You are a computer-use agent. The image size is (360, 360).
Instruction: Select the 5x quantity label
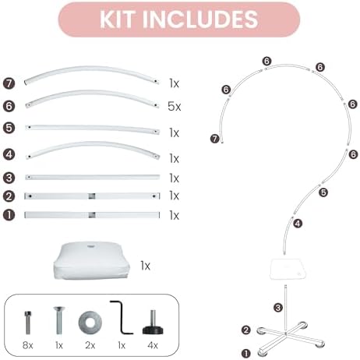[174, 106]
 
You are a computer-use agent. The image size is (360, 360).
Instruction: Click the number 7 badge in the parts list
[9, 83]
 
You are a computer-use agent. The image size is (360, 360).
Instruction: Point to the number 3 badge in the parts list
[9, 178]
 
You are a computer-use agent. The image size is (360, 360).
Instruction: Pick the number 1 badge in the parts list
[9, 215]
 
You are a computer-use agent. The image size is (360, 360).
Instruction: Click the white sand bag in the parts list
[92, 260]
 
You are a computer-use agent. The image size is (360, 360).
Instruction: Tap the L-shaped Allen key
[121, 317]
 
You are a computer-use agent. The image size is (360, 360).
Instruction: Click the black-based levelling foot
[153, 323]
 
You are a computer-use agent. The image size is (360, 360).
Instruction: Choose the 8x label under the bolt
[28, 345]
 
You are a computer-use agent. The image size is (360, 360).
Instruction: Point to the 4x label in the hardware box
[153, 345]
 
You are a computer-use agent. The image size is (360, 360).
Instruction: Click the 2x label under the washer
[90, 345]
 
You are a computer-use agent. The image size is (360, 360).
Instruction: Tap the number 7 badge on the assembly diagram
[215, 139]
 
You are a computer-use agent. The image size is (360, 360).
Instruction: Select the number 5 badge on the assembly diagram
[323, 192]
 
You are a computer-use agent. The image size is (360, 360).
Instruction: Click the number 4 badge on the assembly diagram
[298, 224]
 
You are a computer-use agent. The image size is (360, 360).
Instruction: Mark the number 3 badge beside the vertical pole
[278, 308]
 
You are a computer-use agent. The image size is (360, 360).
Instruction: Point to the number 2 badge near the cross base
[246, 330]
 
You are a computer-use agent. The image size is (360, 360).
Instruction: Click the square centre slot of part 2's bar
[92, 196]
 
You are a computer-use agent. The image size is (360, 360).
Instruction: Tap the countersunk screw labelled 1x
[59, 320]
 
